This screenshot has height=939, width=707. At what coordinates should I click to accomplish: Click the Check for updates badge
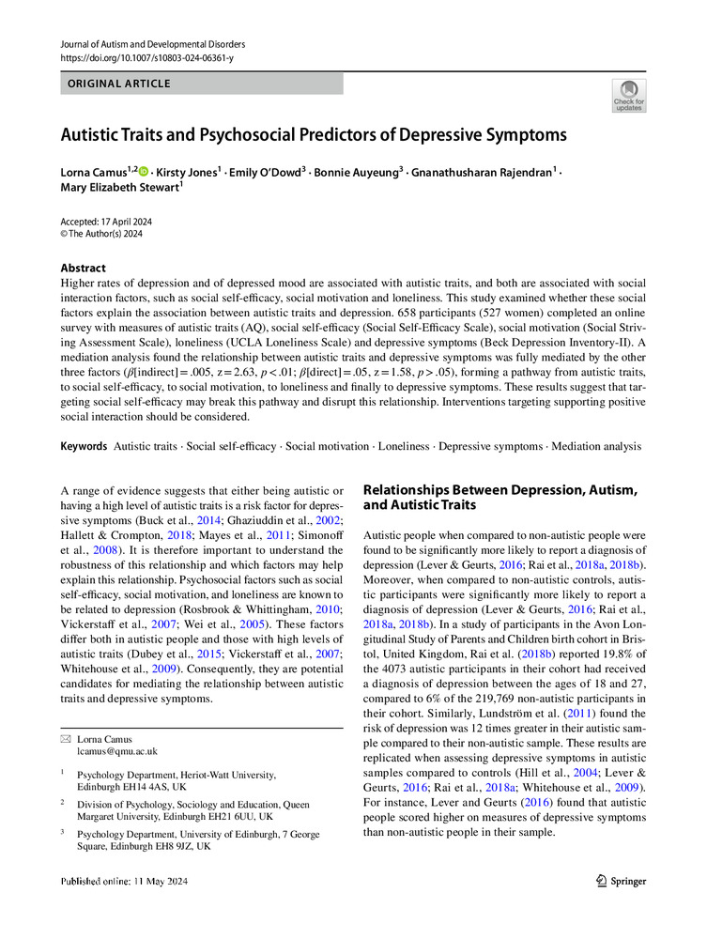click(x=629, y=97)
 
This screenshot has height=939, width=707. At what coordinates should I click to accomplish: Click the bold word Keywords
click(x=83, y=446)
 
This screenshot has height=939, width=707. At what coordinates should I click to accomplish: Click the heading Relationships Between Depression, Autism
click(x=500, y=489)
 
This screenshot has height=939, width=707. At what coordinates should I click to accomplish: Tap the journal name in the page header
click(x=152, y=44)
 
